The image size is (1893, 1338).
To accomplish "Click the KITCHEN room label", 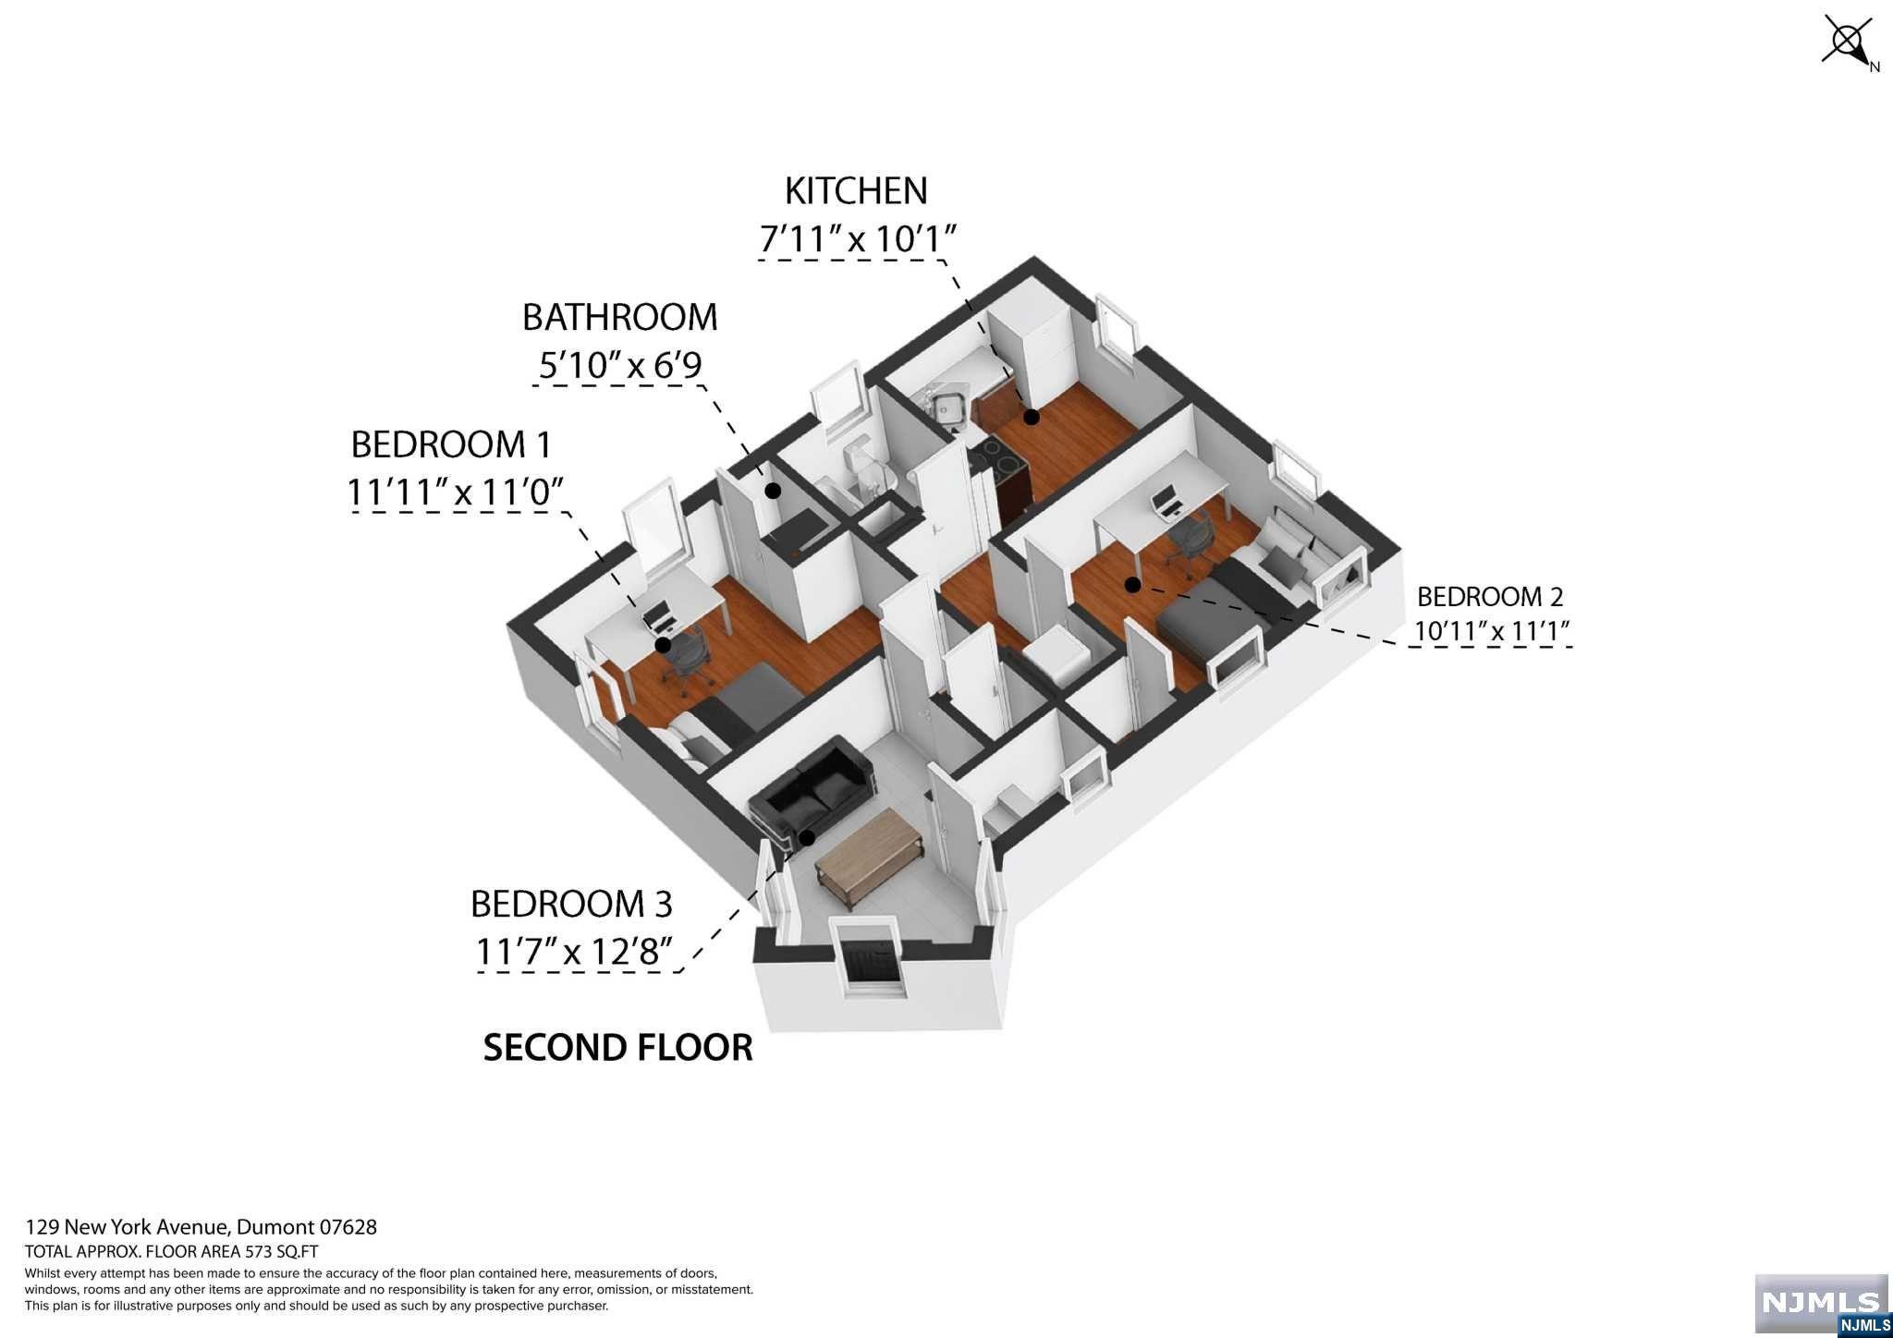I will point(855,190).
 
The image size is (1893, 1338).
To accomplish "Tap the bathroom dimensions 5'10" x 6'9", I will point(620,366).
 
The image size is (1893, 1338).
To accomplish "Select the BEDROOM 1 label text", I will point(451,444).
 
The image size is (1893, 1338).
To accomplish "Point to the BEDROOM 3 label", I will point(570,903).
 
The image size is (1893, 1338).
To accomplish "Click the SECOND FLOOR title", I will point(617,1047).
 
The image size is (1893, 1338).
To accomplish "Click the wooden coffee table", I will point(869,846).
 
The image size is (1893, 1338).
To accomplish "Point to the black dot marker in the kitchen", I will point(1031,418).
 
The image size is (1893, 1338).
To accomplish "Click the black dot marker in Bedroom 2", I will point(1130,584).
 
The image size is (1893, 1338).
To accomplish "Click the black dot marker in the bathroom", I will point(772,491).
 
